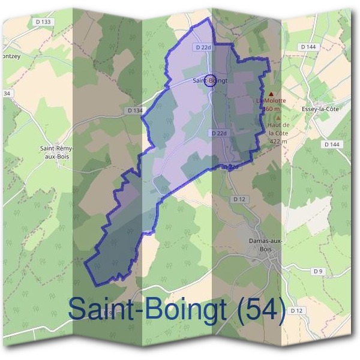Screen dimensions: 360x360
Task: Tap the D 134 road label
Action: pos(136,110)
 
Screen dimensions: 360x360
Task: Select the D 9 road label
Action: pos(317,272)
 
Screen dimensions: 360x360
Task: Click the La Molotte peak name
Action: pos(271,101)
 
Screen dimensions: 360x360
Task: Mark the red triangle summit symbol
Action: pos(271,94)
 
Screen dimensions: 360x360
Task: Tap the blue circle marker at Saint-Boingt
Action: pos(210,80)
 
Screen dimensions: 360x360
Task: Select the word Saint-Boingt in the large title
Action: pos(147,310)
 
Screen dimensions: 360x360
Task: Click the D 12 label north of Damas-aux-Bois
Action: pos(239,198)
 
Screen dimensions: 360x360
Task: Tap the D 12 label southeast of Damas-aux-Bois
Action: pos(296,310)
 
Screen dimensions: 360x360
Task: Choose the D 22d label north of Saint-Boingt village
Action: pos(202,47)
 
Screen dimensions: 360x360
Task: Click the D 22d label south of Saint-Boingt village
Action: pos(218,133)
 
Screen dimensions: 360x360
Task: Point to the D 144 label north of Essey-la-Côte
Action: pos(308,47)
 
